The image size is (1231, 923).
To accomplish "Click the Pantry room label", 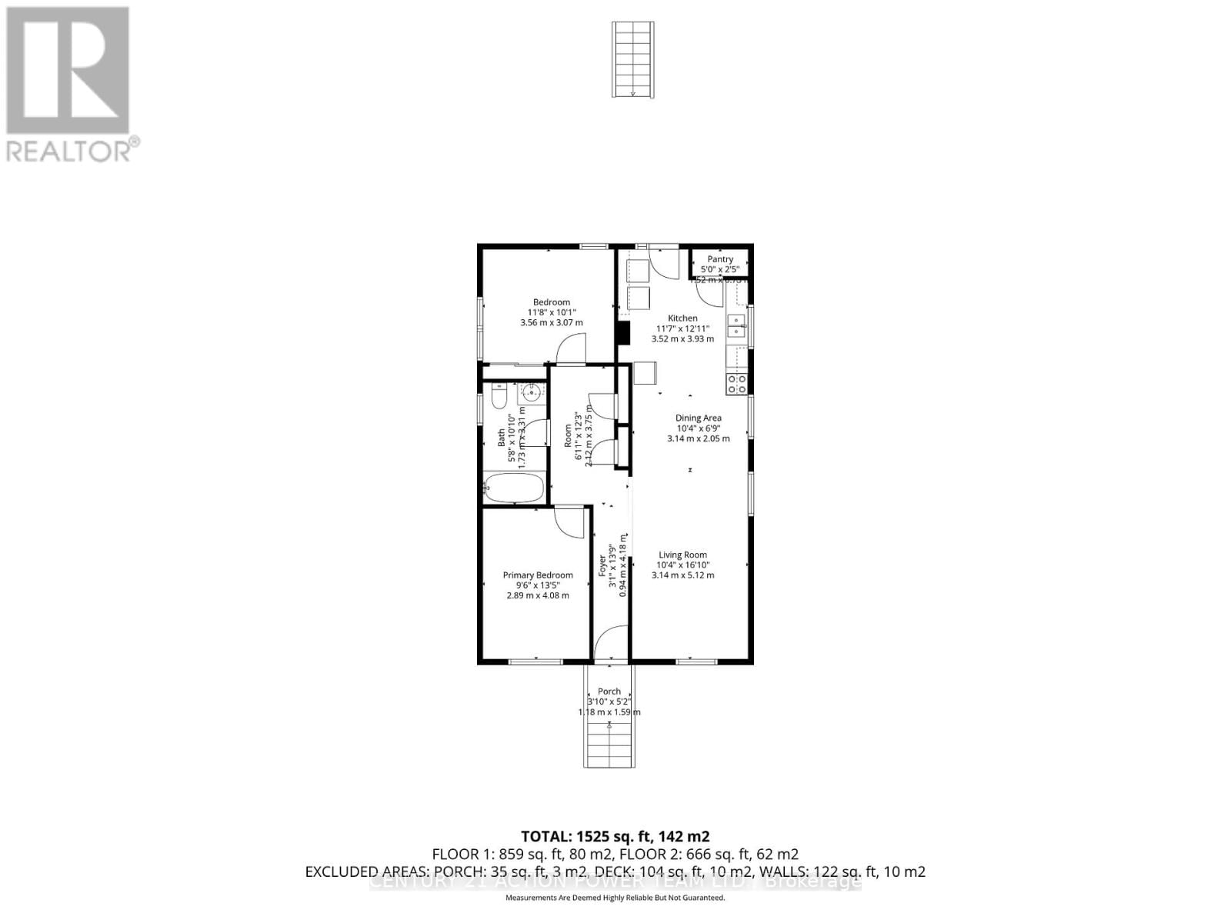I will click(x=720, y=259).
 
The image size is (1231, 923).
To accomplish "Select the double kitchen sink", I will click(x=736, y=325).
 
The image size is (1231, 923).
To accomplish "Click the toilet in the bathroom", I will click(x=498, y=396).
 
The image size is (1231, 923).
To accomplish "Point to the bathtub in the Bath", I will click(x=514, y=488).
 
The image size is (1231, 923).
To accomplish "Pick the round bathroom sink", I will click(x=531, y=394).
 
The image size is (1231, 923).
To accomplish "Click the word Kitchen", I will click(x=682, y=318).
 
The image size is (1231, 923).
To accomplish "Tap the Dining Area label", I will click(x=699, y=418).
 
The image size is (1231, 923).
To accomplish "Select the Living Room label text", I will click(x=682, y=555).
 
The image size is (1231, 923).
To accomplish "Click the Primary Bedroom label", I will click(x=538, y=575).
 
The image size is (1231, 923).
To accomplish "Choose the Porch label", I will click(x=609, y=691).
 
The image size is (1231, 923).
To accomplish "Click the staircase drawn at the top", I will click(x=633, y=59).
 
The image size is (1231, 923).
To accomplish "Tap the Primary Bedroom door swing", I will click(x=569, y=523).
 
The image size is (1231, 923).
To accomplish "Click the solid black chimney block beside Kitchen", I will click(x=623, y=332).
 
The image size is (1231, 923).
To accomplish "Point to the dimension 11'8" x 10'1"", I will click(x=552, y=312).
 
